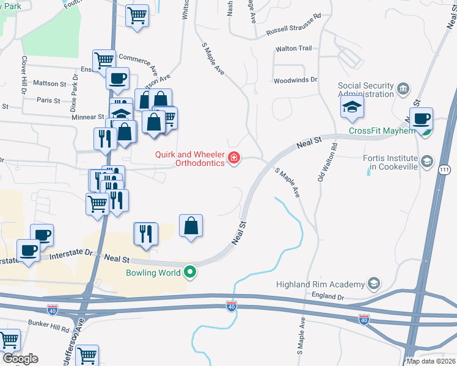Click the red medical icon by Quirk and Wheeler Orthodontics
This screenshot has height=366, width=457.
(x=233, y=159)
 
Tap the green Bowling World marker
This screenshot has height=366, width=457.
(x=191, y=272)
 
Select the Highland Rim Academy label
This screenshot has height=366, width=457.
(x=320, y=284)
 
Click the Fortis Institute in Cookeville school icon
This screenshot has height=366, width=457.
(x=427, y=162)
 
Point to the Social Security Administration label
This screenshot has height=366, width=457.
(x=365, y=90)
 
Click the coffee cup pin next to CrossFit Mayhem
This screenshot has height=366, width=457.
(x=421, y=119)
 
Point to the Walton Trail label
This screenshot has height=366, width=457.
(x=294, y=48)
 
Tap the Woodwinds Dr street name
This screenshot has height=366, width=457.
(x=296, y=80)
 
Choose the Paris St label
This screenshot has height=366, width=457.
(x=48, y=100)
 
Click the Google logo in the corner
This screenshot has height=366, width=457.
(x=20, y=359)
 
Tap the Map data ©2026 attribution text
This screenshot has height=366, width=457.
(x=431, y=361)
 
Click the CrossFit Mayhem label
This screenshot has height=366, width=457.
(x=382, y=131)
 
